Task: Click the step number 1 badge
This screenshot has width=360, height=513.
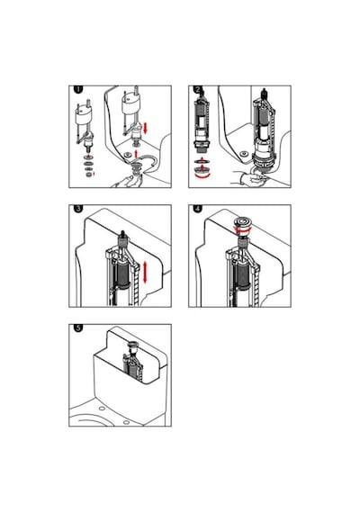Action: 78,89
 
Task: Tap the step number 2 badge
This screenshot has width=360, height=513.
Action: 198,89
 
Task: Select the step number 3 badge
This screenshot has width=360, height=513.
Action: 78,209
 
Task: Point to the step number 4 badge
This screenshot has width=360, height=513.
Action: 198,209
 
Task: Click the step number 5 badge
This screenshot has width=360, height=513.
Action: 78,328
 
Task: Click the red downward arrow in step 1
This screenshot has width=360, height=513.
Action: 145,128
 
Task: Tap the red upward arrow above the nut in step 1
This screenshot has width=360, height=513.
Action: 137,153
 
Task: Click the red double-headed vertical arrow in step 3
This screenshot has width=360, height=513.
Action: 145,273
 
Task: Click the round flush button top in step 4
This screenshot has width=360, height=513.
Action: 242,222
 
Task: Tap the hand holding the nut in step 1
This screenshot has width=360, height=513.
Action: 126,181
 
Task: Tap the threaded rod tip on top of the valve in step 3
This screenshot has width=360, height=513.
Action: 122,234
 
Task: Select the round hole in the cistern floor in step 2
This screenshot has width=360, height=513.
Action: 243,153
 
